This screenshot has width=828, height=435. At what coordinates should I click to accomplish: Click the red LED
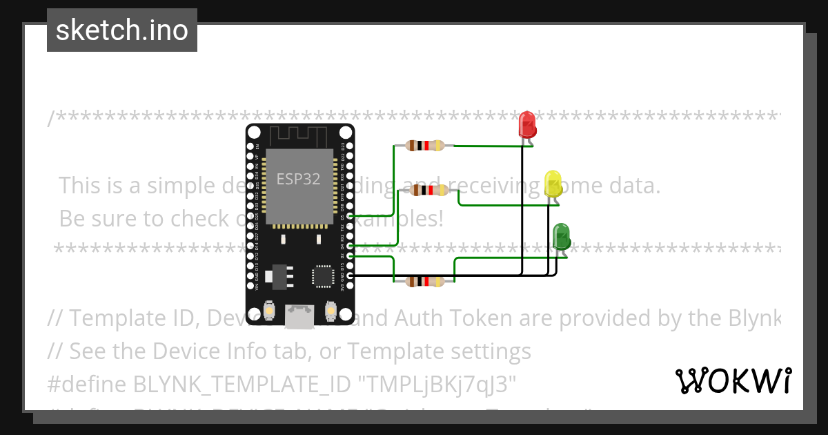(x=527, y=125)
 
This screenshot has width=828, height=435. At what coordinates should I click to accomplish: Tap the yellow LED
(x=553, y=184)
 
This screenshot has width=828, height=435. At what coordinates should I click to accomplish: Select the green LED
(x=562, y=237)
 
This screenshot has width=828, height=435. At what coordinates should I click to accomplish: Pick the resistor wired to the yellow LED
(x=428, y=190)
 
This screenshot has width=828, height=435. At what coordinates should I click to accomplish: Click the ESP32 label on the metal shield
(x=299, y=179)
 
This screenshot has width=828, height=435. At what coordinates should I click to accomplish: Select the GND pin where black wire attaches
(x=351, y=275)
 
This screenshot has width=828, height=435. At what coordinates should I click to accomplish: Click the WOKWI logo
(x=733, y=380)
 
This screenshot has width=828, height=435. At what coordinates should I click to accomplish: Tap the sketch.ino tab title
(x=122, y=30)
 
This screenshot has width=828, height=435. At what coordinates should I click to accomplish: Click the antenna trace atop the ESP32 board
(x=298, y=135)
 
